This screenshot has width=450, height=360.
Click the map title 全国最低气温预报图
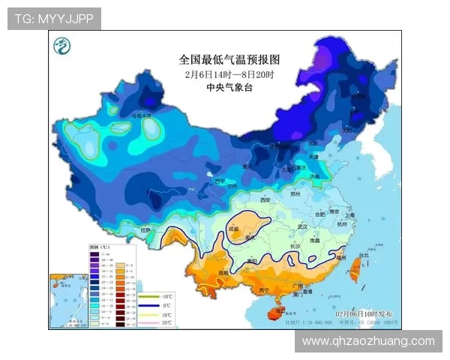coord(229,58)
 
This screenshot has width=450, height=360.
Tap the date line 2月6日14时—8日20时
coord(229,75)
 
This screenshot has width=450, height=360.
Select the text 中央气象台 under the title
coord(229,88)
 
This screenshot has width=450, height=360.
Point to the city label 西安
coord(263,200)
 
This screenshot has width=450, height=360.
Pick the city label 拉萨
coord(146,229)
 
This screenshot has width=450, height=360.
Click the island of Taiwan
coord(358,271)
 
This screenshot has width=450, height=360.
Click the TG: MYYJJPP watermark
coord(53,18)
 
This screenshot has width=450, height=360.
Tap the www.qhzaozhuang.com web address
coord(368,341)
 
